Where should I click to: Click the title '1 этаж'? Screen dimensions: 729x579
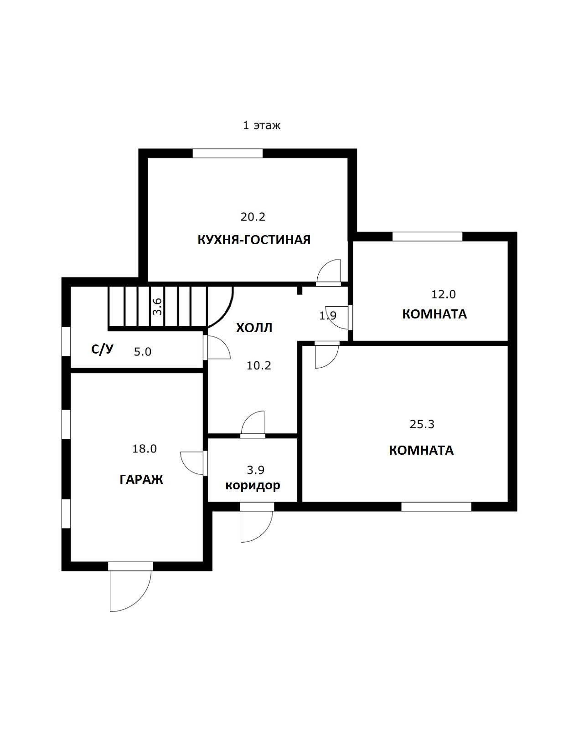click(x=262, y=125)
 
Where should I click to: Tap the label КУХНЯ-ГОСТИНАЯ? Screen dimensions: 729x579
click(x=254, y=240)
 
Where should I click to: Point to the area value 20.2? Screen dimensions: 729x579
click(x=253, y=217)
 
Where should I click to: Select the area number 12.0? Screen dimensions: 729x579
click(x=444, y=294)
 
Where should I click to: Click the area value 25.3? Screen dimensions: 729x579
click(x=422, y=425)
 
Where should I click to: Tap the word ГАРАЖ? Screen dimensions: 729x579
click(x=141, y=479)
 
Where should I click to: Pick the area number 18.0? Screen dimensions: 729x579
click(x=145, y=449)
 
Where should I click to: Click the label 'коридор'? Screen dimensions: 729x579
click(x=253, y=486)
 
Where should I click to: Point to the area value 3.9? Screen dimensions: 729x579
click(x=255, y=470)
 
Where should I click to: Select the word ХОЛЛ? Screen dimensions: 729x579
click(x=254, y=328)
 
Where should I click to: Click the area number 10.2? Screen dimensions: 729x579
click(x=259, y=365)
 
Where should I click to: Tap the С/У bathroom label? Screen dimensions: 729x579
click(x=102, y=349)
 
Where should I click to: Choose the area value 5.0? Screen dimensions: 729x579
click(x=143, y=352)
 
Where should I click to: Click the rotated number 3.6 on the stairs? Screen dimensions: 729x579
click(x=158, y=306)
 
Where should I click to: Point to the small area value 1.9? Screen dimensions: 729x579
click(x=328, y=315)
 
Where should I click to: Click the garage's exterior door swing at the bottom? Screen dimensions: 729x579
click(x=129, y=590)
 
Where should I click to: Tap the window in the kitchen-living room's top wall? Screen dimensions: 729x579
click(x=227, y=154)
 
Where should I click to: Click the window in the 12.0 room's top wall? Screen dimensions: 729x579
click(x=427, y=237)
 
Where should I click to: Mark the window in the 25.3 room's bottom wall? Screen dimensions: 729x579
click(x=436, y=507)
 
